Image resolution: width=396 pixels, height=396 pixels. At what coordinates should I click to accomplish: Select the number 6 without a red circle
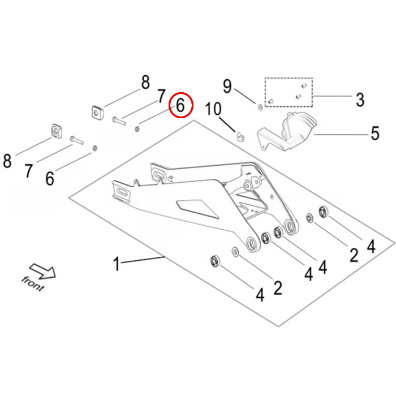pos(50,178)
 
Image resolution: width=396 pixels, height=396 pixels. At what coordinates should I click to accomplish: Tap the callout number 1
pos(117,264)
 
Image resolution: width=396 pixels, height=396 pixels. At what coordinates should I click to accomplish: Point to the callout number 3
pos(360,100)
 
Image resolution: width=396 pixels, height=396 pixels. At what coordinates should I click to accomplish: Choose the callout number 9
pos(227,87)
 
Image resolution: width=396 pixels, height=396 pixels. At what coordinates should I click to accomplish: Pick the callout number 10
pos(215,108)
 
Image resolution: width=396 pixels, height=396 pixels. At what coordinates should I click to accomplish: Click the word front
pos(32,283)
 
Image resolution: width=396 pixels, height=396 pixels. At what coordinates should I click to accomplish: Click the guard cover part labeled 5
pos(286,134)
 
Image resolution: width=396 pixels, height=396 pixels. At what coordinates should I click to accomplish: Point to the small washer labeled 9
pos(243,105)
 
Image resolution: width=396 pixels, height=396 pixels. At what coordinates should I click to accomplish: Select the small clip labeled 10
pos(240,136)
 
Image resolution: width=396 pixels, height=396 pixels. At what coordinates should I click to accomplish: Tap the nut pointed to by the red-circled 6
pos(138,128)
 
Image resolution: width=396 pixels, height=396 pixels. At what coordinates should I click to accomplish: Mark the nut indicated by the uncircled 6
pos(94,148)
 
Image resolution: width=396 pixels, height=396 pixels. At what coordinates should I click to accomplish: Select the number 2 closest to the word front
pos(277,287)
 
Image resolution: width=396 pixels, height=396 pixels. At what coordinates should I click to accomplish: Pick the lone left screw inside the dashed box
pos(270,101)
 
